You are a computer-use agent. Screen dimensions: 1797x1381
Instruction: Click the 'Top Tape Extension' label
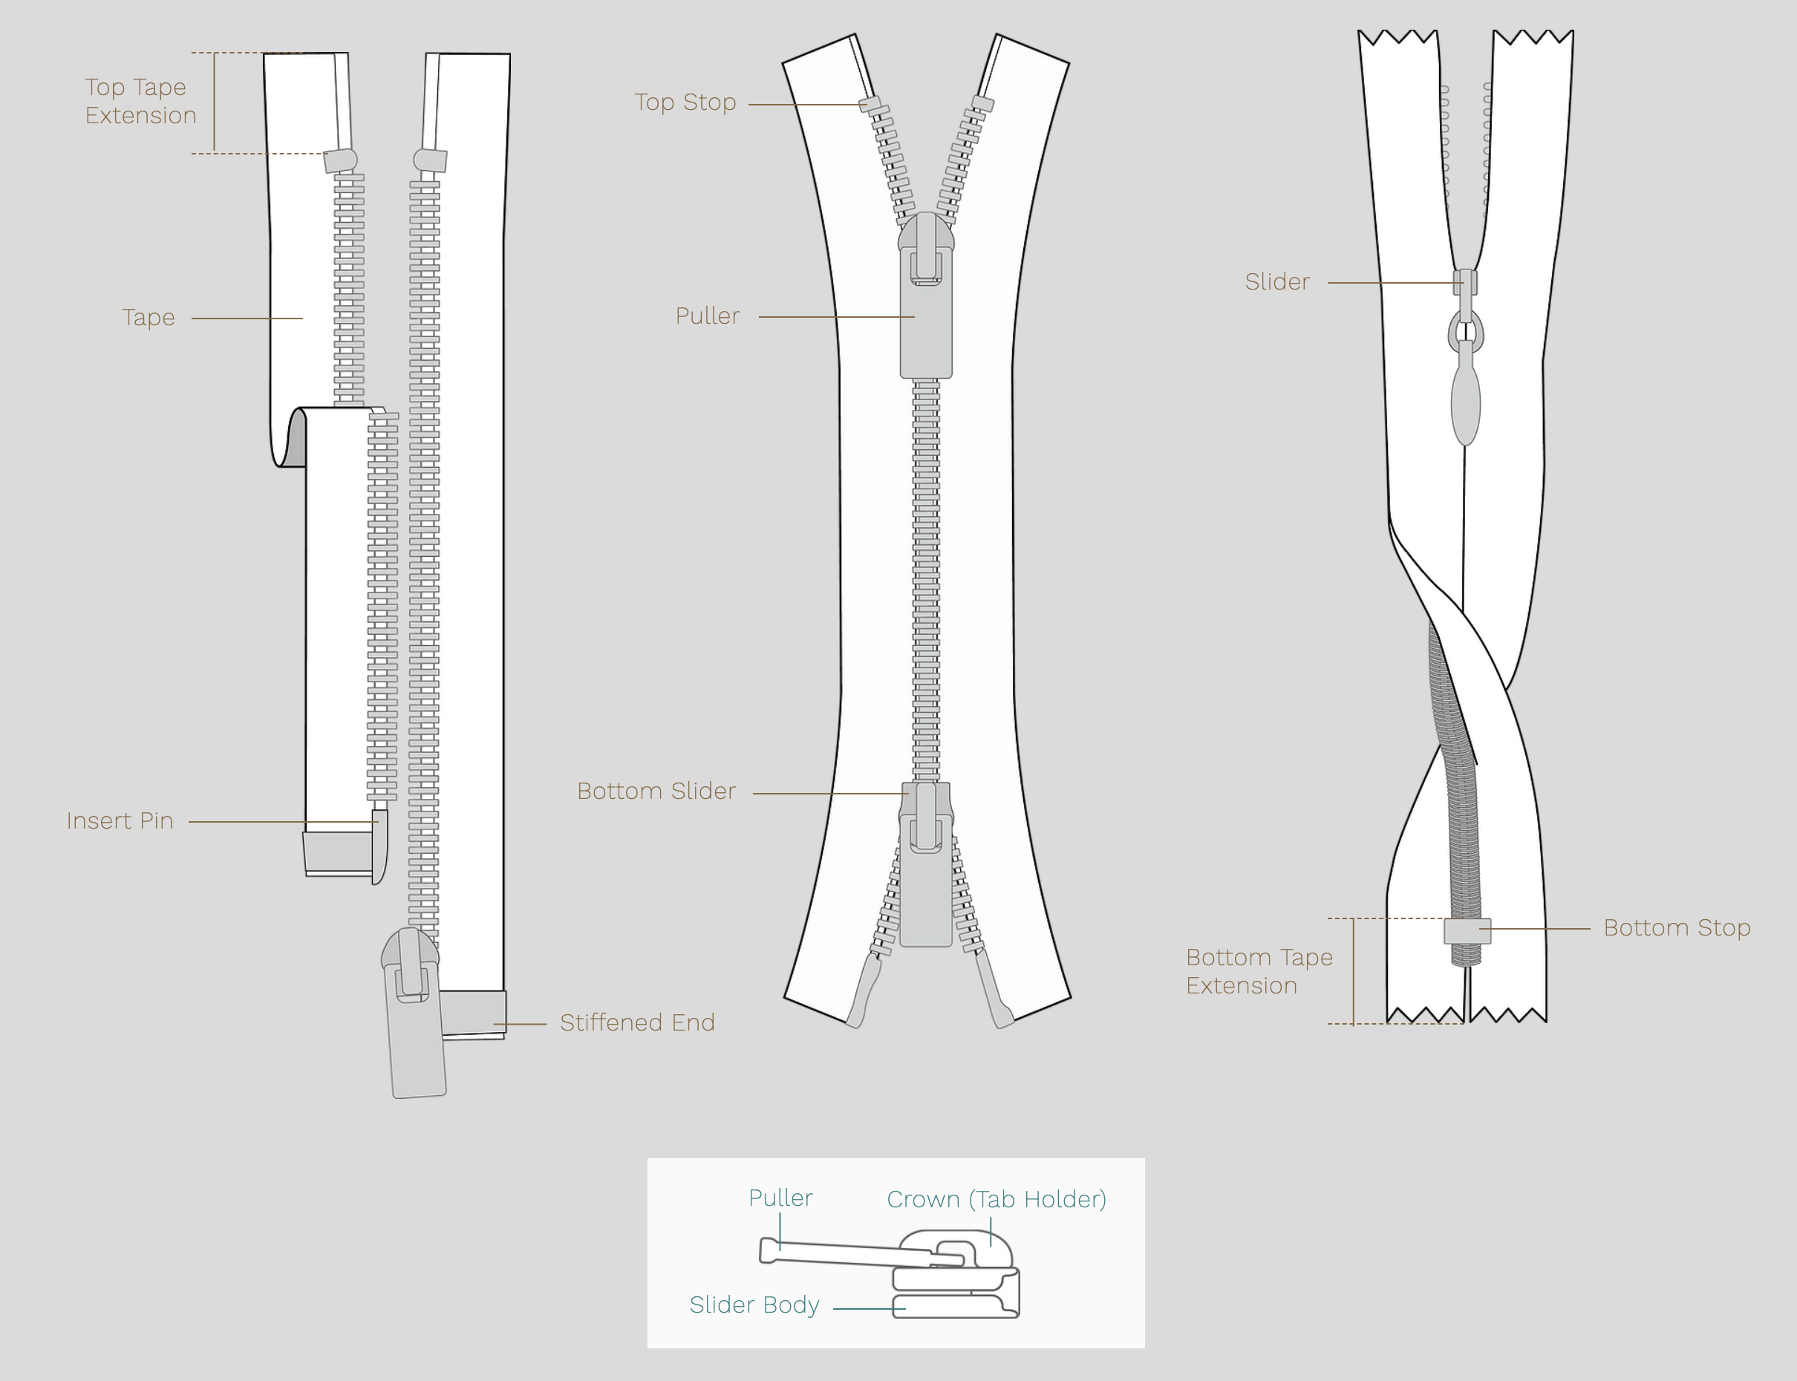coord(140,101)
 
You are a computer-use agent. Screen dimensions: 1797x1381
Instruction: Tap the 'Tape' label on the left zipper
coord(148,317)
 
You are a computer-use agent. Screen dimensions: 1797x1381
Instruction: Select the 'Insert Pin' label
coord(120,820)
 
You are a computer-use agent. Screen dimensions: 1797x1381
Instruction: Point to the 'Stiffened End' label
coord(637,1022)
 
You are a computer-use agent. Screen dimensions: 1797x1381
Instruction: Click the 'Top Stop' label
coord(685,102)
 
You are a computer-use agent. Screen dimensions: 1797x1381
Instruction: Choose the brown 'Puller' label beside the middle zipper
coord(707,316)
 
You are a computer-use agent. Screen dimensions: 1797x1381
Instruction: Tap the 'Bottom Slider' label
coord(656,791)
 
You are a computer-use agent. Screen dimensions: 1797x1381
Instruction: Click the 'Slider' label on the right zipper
coord(1276,282)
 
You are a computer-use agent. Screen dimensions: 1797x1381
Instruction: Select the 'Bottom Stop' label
coord(1677,928)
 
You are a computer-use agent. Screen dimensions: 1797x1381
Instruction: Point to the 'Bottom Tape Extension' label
coord(1259,971)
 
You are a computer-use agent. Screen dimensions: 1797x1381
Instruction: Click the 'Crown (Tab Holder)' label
coord(997,1199)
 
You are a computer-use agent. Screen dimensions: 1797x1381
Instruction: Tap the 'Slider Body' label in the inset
coord(754,1305)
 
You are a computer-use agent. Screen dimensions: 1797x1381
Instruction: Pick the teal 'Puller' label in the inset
coord(780,1198)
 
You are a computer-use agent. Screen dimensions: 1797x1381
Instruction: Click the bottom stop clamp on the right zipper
coord(1467,931)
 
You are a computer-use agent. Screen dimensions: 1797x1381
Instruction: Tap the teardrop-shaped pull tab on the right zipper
coord(1466,394)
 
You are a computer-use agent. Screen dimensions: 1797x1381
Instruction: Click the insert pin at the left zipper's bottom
coord(379,846)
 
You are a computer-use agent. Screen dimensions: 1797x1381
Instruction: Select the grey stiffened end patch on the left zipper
coord(473,1013)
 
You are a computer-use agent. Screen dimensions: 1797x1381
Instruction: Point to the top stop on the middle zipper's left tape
coord(870,105)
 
